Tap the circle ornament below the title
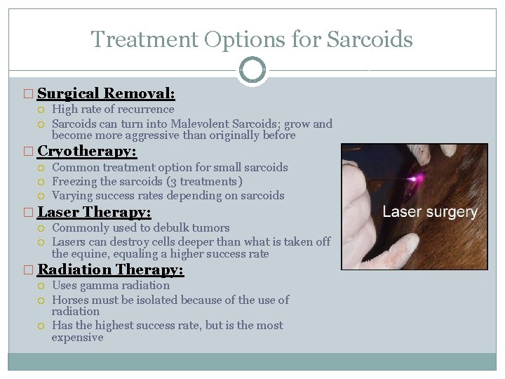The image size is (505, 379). click(252, 70)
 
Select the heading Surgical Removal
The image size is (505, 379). click(106, 93)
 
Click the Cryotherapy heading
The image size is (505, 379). click(87, 152)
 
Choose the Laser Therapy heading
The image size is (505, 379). click(94, 212)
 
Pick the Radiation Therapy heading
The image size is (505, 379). click(110, 270)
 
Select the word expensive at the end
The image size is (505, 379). click(77, 338)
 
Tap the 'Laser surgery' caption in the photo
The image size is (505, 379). click(429, 212)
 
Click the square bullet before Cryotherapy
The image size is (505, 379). click(28, 152)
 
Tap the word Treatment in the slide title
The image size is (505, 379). click(144, 39)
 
